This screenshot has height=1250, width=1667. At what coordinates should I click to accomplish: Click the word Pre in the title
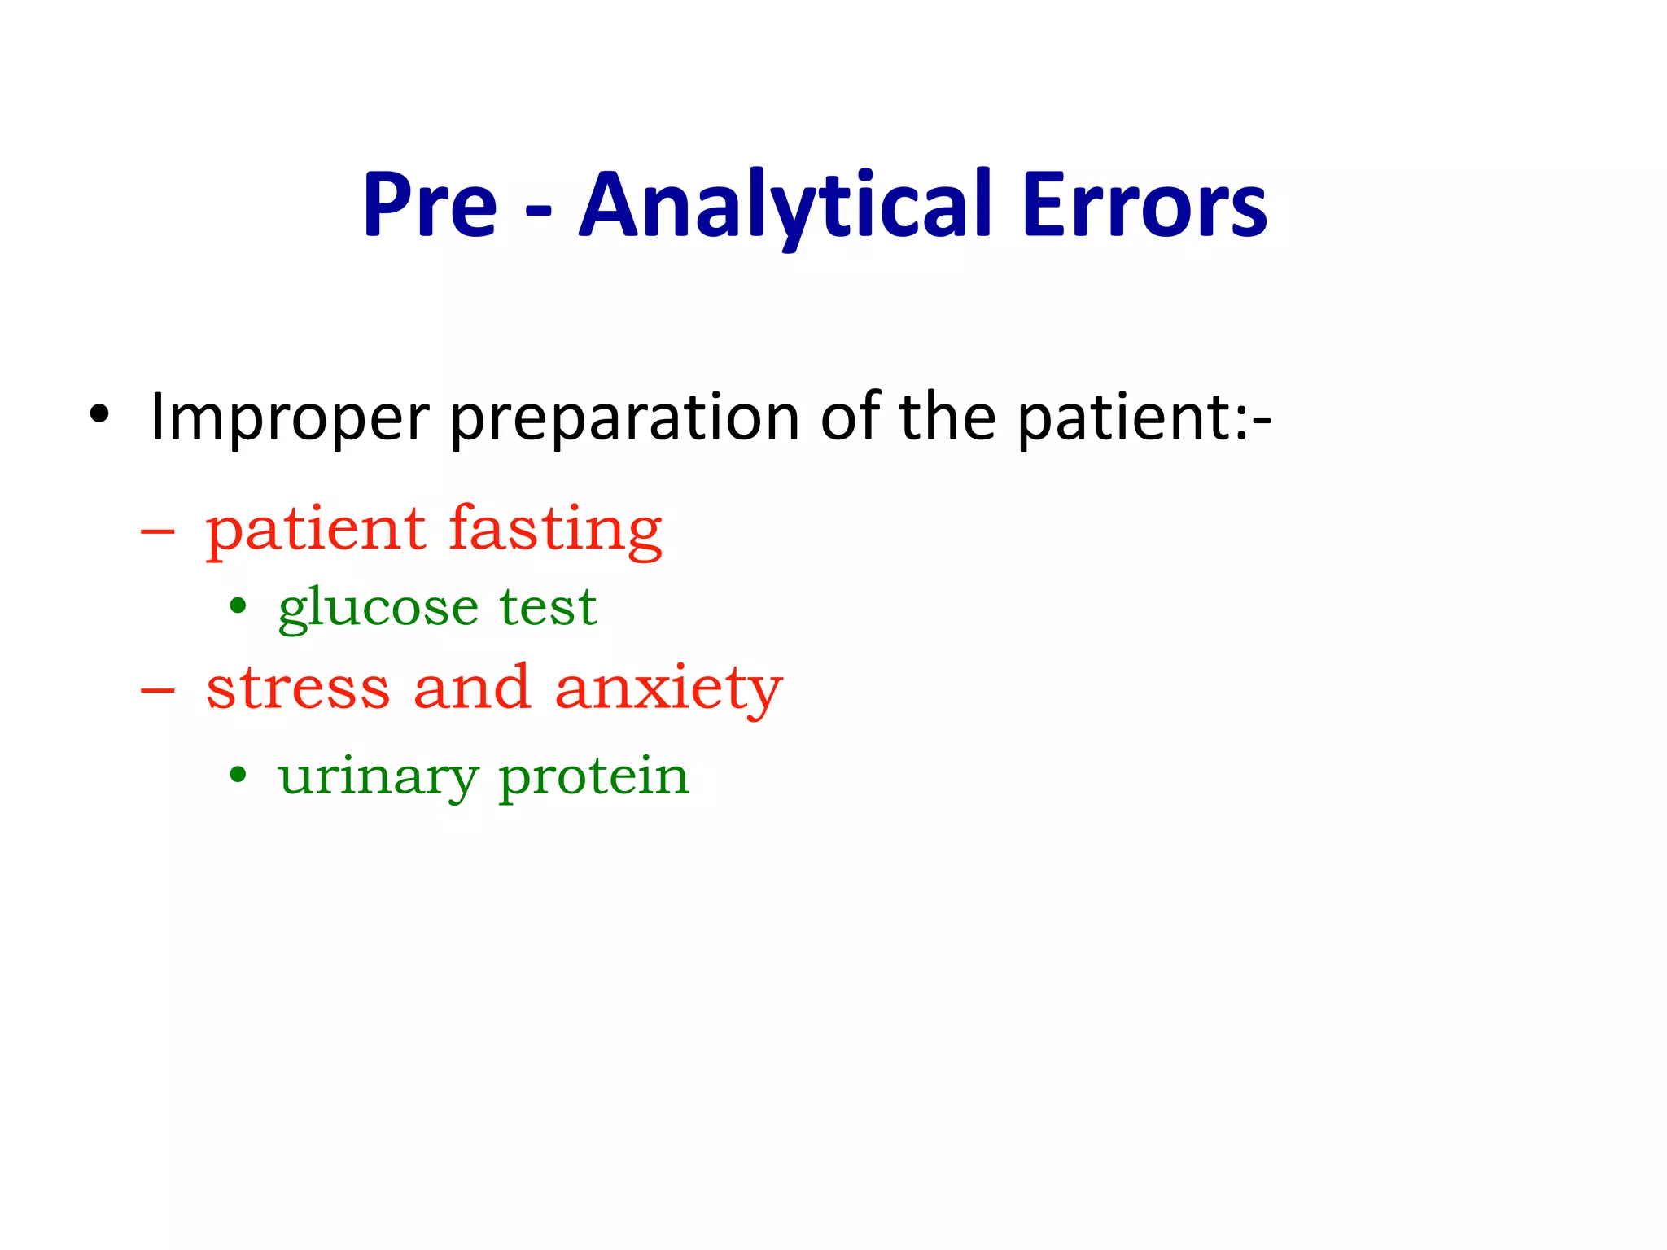(x=430, y=205)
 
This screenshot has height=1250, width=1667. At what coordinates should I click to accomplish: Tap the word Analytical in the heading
(x=786, y=205)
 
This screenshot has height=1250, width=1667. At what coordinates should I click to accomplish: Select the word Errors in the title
(x=1144, y=205)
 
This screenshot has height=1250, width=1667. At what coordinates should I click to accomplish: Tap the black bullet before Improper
(x=99, y=414)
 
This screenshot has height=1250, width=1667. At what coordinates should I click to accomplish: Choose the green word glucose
(x=378, y=609)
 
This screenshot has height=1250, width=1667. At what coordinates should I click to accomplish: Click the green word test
(x=549, y=607)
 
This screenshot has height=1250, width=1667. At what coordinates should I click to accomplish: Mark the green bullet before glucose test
(x=238, y=605)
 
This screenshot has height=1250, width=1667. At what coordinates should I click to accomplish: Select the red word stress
(x=299, y=688)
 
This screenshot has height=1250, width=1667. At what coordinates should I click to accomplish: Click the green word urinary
(x=378, y=777)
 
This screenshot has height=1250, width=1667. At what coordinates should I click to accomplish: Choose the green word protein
(x=594, y=777)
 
